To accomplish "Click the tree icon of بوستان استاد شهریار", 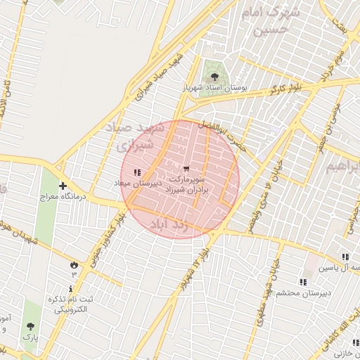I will coord(214,76).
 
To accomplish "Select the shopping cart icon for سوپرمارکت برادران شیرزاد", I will coord(186,169).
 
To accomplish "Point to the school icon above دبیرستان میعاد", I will coord(138,172).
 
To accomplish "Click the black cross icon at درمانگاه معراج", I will coord(64,186).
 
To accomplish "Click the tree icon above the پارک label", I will coord(30,326).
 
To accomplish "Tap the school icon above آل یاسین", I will coord(345,257).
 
